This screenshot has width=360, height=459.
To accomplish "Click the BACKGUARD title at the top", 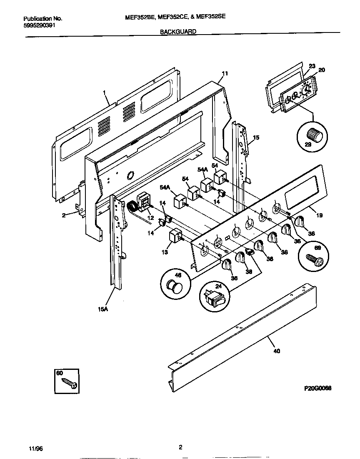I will click(x=178, y=31).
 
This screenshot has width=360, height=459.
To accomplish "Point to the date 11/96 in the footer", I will click(x=36, y=448).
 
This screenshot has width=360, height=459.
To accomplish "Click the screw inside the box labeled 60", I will click(x=70, y=384).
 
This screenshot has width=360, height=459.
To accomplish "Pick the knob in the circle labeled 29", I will click(x=312, y=135).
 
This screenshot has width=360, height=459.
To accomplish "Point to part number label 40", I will click(x=277, y=351).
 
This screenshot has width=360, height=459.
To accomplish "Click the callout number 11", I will click(x=225, y=74).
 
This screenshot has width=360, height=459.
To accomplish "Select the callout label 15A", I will click(x=101, y=309).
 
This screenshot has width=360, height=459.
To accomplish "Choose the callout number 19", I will click(x=320, y=215).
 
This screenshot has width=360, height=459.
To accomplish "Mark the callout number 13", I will click(x=164, y=252).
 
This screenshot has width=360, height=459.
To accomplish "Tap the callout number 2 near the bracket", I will click(x=64, y=215).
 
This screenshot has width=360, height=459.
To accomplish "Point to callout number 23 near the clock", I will click(x=312, y=66).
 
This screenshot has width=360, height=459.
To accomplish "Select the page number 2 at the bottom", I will click(x=180, y=448).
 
